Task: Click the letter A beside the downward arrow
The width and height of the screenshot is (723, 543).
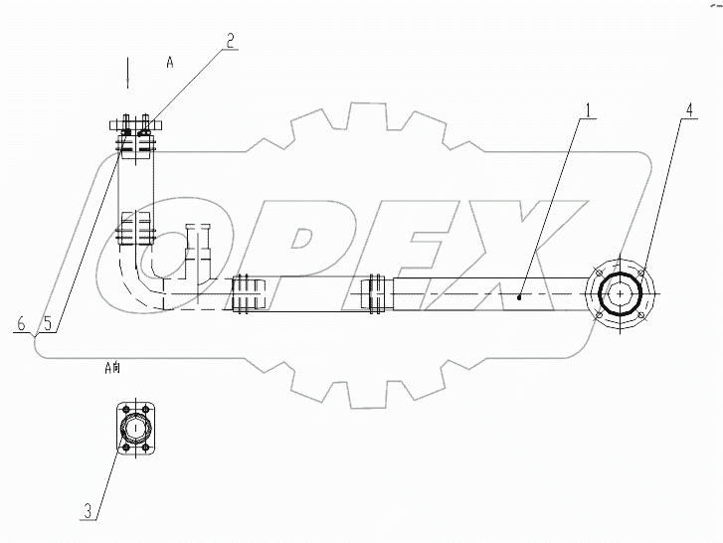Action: pyautogui.click(x=170, y=62)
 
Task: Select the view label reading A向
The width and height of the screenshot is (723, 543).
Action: pyautogui.click(x=112, y=368)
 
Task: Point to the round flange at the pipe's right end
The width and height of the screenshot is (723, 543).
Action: pyautogui.click(x=621, y=294)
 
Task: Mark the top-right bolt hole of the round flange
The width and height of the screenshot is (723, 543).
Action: pyautogui.click(x=643, y=272)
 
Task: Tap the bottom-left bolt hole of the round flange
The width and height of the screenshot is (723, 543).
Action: pyautogui.click(x=598, y=317)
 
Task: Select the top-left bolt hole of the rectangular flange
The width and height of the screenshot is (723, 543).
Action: pyautogui.click(x=123, y=408)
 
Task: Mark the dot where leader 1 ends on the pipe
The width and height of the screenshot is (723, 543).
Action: pyautogui.click(x=521, y=294)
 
